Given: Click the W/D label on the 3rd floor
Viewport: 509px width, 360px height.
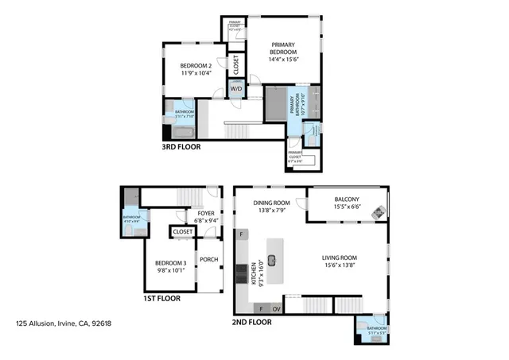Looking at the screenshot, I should point(236,90).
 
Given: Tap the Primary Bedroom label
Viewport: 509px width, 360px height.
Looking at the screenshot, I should point(283,48).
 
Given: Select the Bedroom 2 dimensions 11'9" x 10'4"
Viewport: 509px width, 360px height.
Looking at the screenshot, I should point(195,74).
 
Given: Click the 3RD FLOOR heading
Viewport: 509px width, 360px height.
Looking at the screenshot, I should point(182,147).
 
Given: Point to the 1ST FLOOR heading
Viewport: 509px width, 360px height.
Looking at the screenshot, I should point(162,299).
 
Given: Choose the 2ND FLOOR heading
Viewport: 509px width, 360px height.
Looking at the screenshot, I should point(252,323).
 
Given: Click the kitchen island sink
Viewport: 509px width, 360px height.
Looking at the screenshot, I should point(272,258).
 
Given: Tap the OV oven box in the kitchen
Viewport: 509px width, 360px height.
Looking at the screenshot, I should point(276,308).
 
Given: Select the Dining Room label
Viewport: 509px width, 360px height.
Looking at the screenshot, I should point(269,202).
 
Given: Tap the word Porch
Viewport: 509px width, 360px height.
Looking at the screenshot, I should point(208,259).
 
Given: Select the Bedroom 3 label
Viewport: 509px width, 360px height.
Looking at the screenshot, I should point(171,262).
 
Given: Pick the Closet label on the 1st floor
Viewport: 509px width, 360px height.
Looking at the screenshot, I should point(183,232).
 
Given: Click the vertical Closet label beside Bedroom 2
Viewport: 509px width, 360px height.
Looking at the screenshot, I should point(236,63).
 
